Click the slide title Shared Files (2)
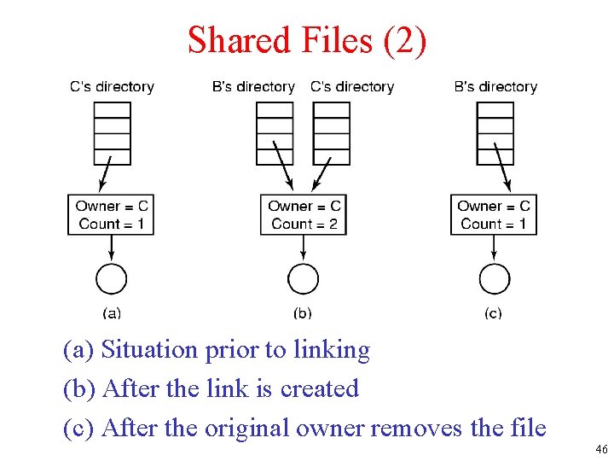point(307,40)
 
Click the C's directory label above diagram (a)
point(112,86)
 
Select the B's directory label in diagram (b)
point(253,86)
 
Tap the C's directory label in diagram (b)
point(352,86)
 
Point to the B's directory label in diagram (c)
point(495,86)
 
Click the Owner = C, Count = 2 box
point(304,214)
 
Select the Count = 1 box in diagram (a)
point(112,214)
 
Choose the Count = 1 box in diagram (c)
point(494,214)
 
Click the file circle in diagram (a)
point(112,278)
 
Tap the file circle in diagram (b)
point(304,278)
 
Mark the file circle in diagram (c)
point(494,278)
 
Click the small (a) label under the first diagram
point(112,313)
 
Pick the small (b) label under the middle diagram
point(303,313)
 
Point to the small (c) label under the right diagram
point(493,313)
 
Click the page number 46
point(601,449)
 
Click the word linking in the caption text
point(332,350)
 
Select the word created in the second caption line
point(320,388)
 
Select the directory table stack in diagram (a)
point(113,133)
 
